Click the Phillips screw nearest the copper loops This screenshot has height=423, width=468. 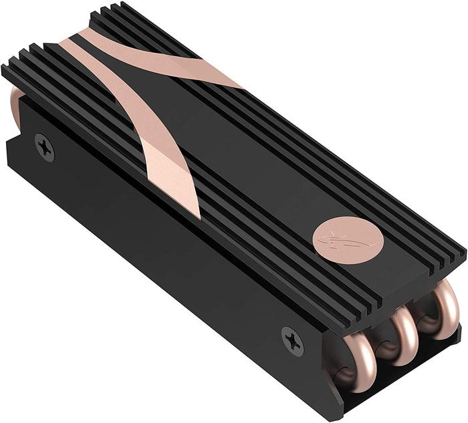pos(292,339)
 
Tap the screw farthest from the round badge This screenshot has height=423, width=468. pos(45,147)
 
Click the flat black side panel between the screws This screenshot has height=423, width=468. pos(167,247)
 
